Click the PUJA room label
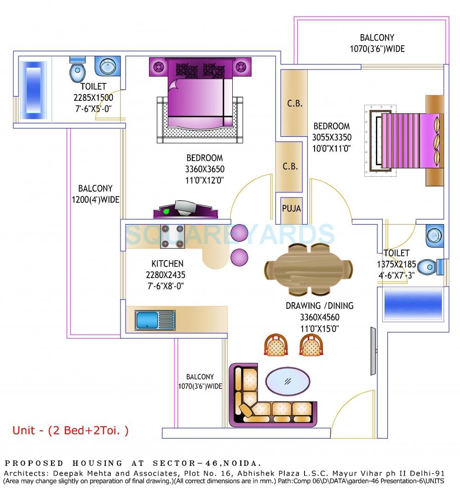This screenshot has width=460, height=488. pyautogui.click(x=291, y=209)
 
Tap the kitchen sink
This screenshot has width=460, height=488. pyautogui.click(x=154, y=320)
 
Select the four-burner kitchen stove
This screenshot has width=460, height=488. pyautogui.click(x=172, y=236)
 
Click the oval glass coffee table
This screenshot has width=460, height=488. pyautogui.click(x=288, y=381)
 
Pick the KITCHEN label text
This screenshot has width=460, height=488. pyautogui.click(x=167, y=264)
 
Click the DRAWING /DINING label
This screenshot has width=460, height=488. pyautogui.click(x=319, y=306)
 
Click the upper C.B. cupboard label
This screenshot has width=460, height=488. pyautogui.click(x=294, y=104)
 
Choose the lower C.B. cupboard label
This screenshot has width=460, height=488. pyautogui.click(x=289, y=167)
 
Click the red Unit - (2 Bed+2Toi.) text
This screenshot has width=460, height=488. pyautogui.click(x=70, y=431)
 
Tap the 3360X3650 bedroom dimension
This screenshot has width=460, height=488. pyautogui.click(x=204, y=169)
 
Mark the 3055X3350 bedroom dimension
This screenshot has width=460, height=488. pyautogui.click(x=332, y=137)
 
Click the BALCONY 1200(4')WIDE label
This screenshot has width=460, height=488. pyautogui.click(x=95, y=194)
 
